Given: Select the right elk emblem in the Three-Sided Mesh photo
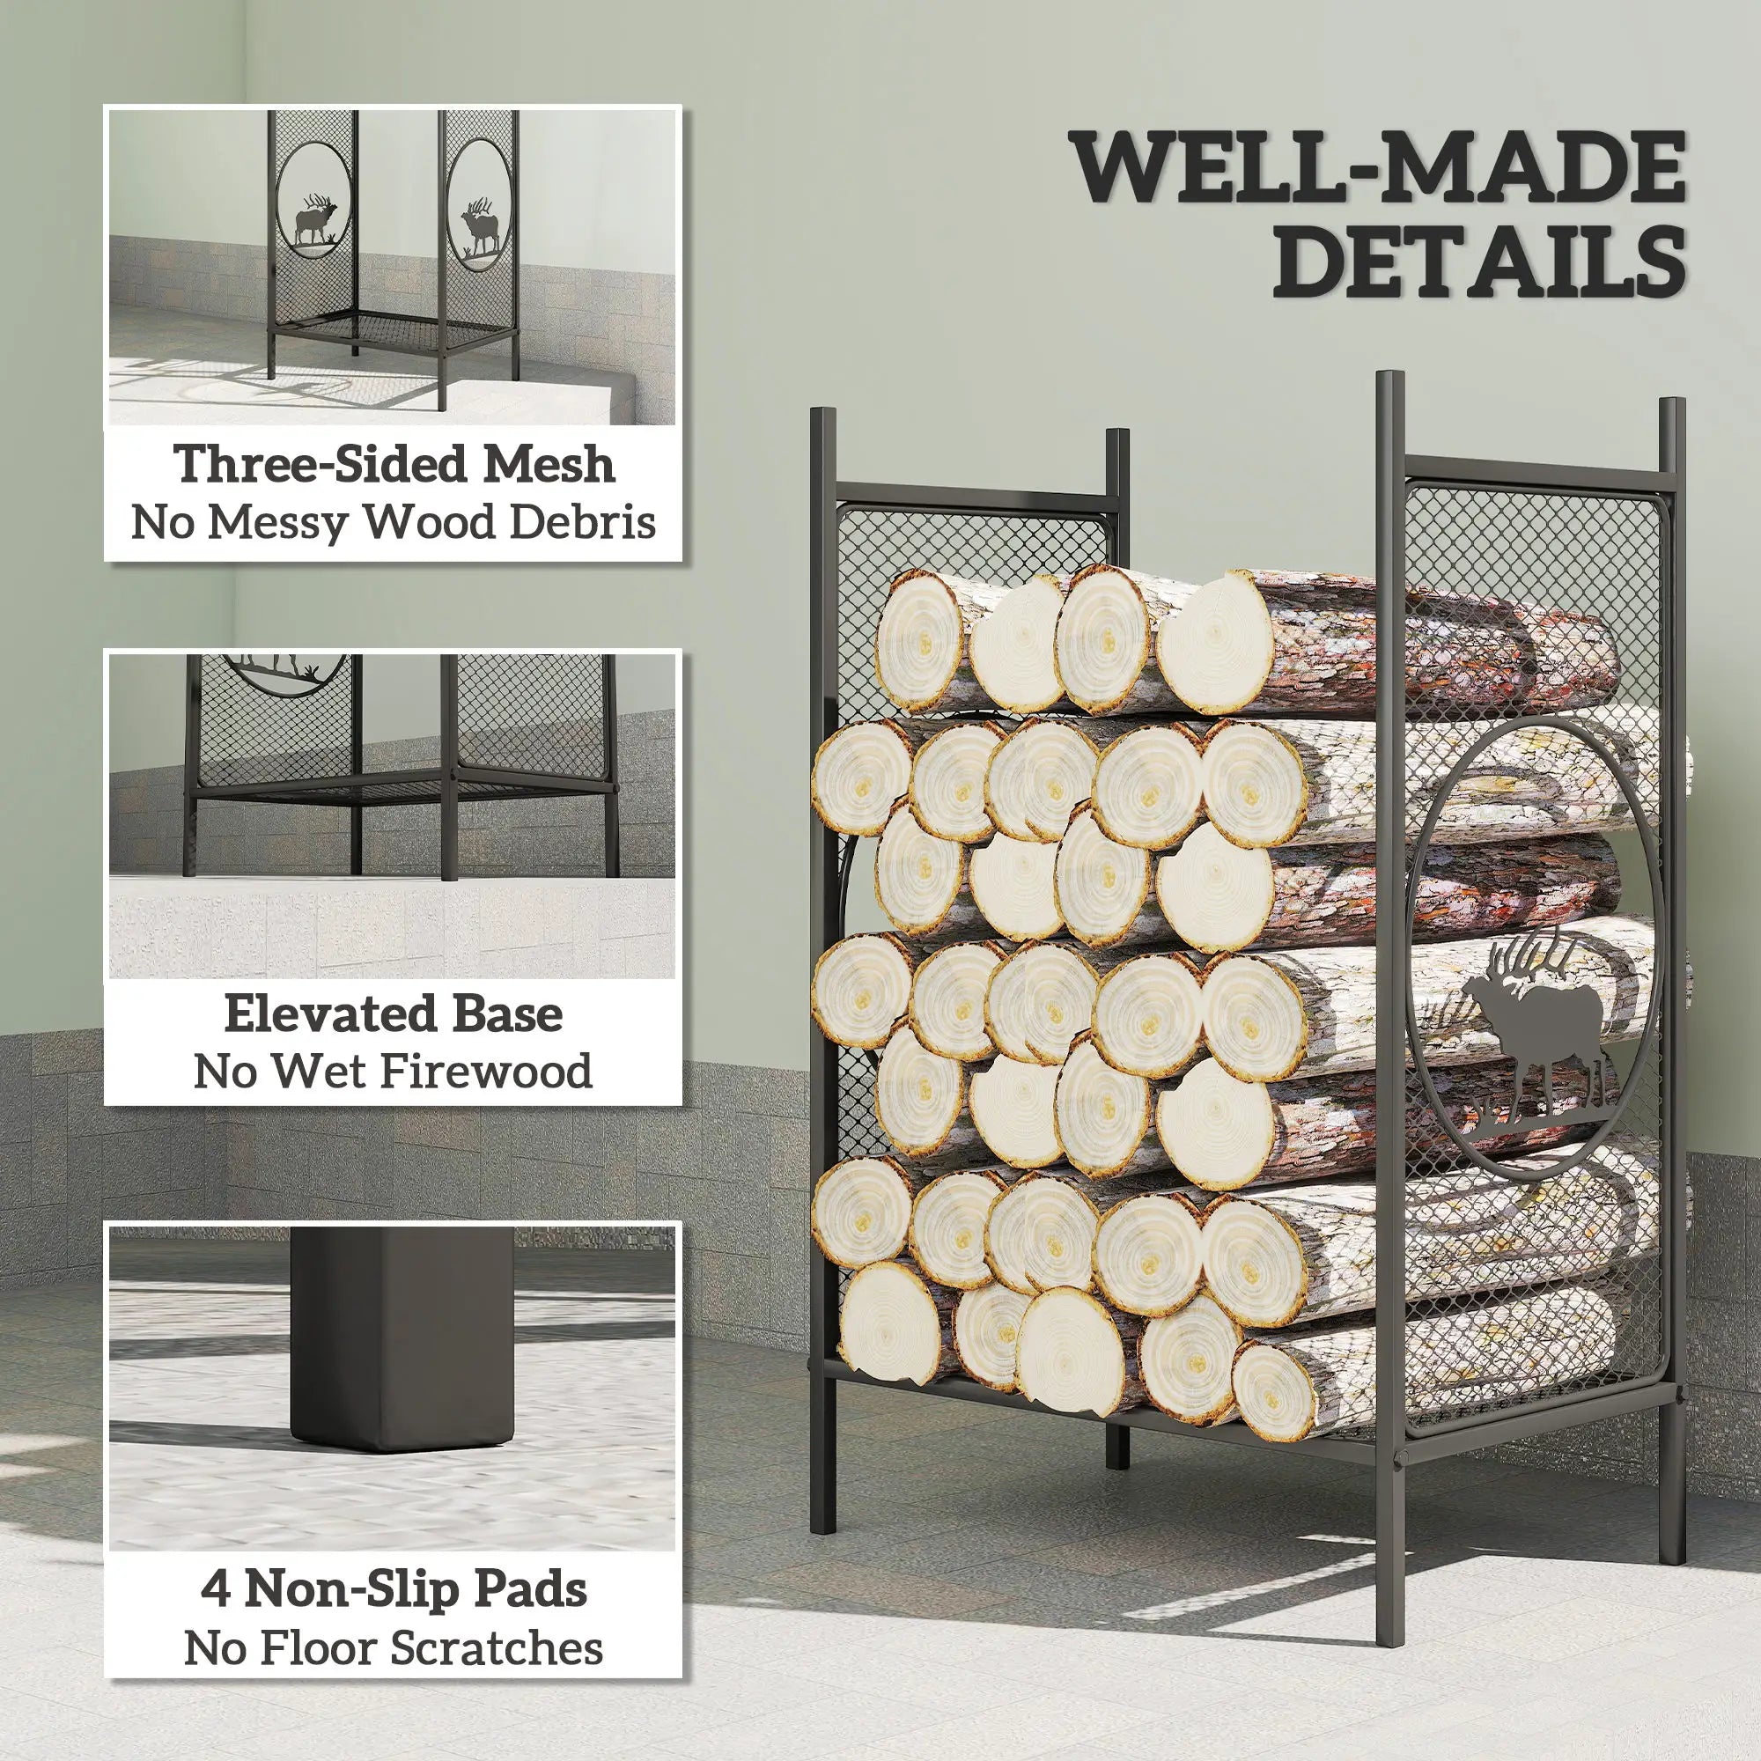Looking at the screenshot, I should click(482, 225).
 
